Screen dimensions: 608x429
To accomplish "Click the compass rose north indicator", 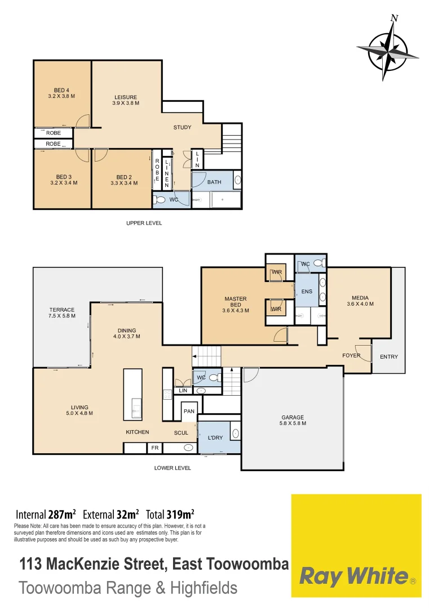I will pos(394,18).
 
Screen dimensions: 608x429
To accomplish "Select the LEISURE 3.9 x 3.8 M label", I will pos(125,100).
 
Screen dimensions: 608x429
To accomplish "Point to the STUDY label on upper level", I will pos(182,127).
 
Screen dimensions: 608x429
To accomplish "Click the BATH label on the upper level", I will pos(214,182).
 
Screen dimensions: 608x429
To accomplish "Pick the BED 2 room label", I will pos(124,180).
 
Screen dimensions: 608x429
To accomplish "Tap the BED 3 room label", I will pos(64,180).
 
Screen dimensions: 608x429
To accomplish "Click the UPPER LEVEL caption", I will pos(144,223).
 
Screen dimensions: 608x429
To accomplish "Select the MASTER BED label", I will pos(236,304).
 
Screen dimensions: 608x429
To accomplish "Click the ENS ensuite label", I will pos(307,291).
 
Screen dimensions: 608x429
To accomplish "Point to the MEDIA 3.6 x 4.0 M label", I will pos(360,301).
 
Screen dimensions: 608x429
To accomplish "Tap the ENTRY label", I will pos(388,356).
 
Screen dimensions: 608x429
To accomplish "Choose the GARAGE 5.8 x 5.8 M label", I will pos(293,420).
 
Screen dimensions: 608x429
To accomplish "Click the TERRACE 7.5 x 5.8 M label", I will pos(62,313).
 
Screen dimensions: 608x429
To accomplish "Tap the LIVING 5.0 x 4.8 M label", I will pos(79,410).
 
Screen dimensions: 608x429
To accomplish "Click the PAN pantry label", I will pos(189,411).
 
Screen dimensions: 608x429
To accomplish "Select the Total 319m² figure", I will pos(170,514).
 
